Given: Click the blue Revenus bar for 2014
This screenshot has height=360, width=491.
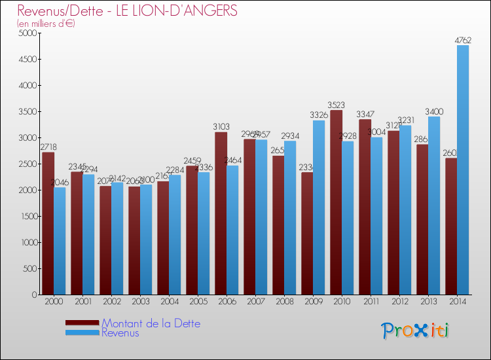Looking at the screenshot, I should pos(463,170).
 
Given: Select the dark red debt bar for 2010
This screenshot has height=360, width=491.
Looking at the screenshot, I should pos(336,203).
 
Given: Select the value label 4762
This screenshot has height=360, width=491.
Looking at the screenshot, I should pos(463,40).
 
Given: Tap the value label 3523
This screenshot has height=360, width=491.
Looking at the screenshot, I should pos(337,105).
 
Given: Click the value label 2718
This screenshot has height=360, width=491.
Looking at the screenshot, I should pos(48,147).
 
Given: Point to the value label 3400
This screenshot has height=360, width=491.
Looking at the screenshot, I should pos(434,111).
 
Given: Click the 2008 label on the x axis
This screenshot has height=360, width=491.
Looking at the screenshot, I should pos(283,301).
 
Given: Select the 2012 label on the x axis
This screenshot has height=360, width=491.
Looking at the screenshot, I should pos(399,301).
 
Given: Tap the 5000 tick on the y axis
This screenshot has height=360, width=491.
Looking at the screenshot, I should pos(27,33).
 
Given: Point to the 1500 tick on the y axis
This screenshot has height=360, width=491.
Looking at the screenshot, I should pos(27,216).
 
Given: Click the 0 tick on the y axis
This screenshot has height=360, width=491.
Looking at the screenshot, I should pos(33,295).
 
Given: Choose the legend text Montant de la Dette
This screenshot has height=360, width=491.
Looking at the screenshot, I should pos(151,323).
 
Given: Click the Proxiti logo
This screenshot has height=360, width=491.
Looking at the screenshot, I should pos(415,331).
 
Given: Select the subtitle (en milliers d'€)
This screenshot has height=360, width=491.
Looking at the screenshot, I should pos(46,24).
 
